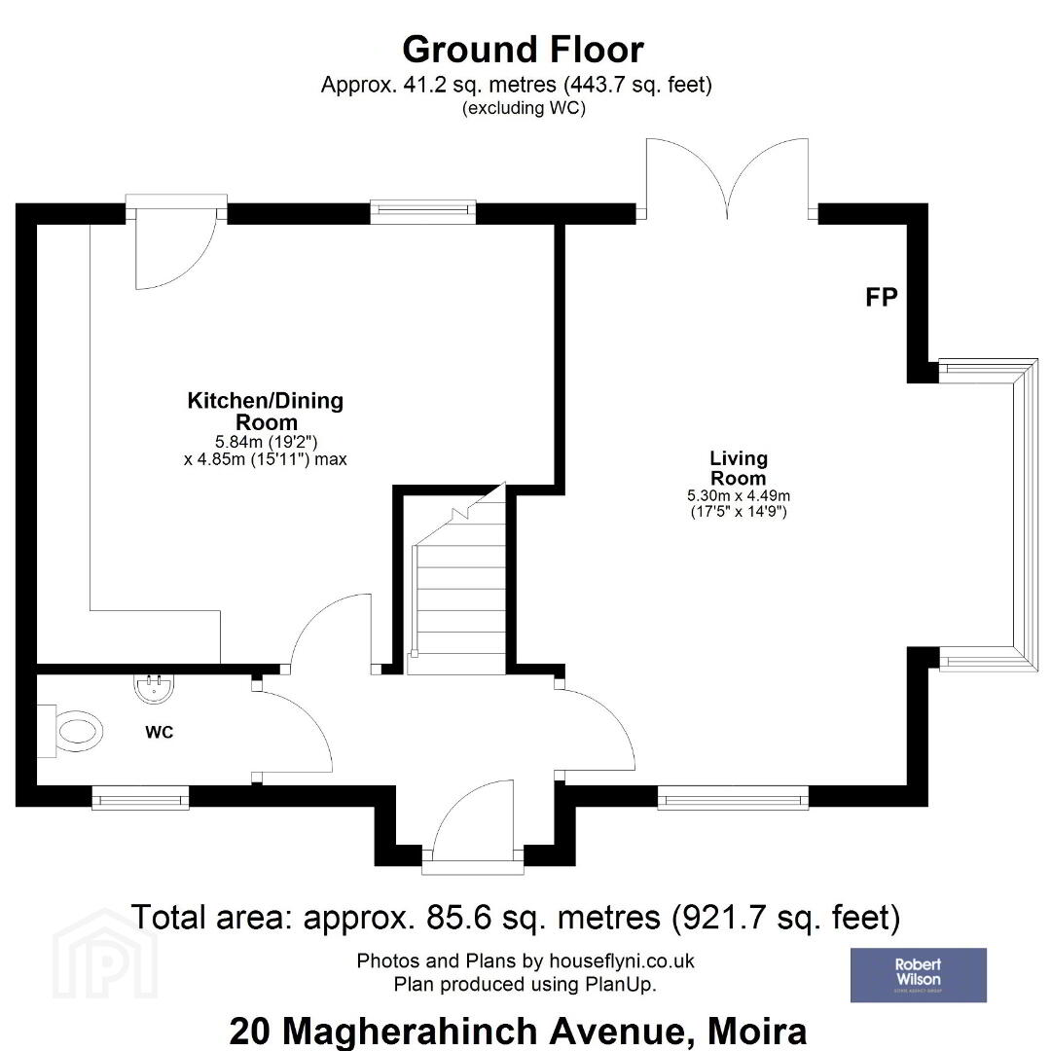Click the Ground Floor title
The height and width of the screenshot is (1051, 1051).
coord(523,50)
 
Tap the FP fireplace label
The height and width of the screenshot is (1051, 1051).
coord(882,297)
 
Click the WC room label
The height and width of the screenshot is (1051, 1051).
coord(160,733)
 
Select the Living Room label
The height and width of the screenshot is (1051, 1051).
coord(738,468)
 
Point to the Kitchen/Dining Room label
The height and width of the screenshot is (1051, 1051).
coord(266,411)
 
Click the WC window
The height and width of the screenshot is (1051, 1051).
coord(140,798)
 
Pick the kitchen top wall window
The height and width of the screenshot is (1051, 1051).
coord(423,212)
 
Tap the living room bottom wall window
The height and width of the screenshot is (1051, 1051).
coord(733,798)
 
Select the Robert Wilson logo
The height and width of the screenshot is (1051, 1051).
coord(919,974)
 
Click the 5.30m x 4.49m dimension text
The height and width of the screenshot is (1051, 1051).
coord(738,496)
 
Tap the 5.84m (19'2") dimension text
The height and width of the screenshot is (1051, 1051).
coord(266,443)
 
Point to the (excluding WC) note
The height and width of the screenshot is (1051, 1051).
coord(524,108)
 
